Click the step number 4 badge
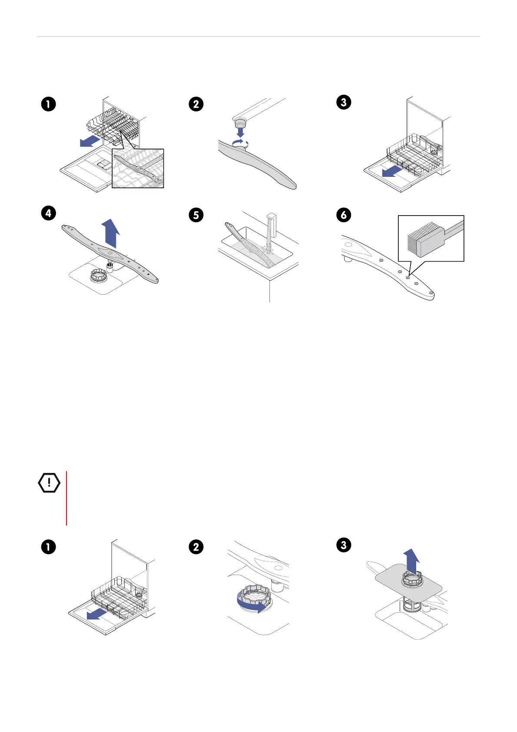click(x=49, y=213)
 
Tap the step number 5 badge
click(x=196, y=215)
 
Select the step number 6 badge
click(x=344, y=215)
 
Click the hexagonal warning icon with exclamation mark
click(x=49, y=482)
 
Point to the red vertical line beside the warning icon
click(x=66, y=498)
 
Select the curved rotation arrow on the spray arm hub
click(x=240, y=144)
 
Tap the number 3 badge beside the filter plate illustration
click(x=344, y=545)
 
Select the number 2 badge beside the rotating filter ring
click(x=196, y=547)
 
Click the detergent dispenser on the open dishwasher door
click(x=103, y=164)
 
